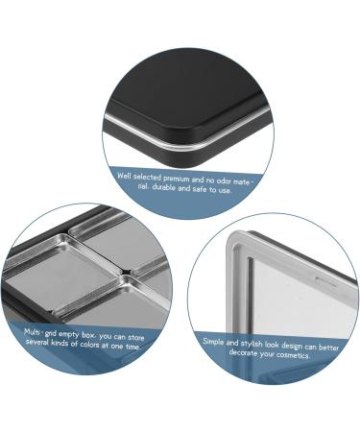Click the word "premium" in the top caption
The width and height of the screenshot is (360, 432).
(177, 179)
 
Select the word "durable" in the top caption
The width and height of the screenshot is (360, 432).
(164, 187)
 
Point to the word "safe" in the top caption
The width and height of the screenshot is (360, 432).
(200, 189)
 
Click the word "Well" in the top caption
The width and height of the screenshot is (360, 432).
(124, 176)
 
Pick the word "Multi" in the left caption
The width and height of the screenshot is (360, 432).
(33, 331)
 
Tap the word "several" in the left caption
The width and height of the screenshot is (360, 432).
(38, 342)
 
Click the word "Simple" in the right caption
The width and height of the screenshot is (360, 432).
(213, 342)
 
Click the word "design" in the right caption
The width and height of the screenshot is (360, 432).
(292, 347)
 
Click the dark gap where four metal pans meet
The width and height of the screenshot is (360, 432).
(128, 272)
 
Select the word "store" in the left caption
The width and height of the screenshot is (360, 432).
(135, 338)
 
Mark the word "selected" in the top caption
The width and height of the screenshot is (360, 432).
(147, 177)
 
